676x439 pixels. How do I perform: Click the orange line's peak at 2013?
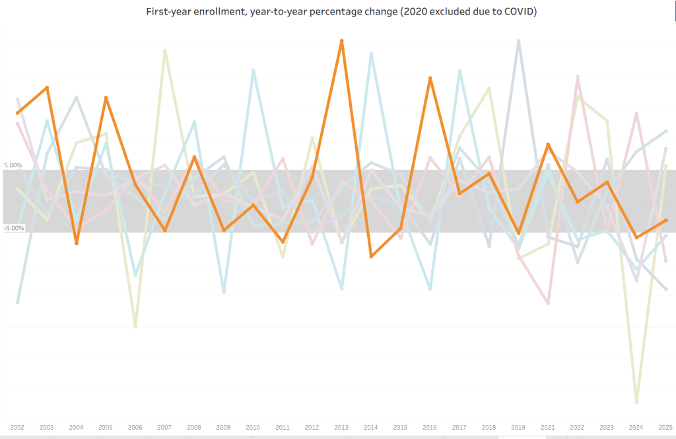tap(341, 41)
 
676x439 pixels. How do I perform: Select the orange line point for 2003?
tap(47, 87)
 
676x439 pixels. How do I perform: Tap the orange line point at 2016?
tap(430, 79)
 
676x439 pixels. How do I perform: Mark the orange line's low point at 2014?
tap(371, 256)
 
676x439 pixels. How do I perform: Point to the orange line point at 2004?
tap(77, 243)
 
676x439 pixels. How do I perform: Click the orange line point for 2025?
tap(665, 220)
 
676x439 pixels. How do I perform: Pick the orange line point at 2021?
tap(548, 144)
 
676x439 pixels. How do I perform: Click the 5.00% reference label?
tap(13, 165)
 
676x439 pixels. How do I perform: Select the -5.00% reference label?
tap(13, 229)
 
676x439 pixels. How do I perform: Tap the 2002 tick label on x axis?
tap(17, 428)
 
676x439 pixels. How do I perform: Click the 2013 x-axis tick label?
tap(341, 428)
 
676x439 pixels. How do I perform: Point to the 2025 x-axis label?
tap(665, 428)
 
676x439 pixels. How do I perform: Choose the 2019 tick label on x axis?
tap(518, 428)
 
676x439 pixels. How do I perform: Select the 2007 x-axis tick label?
tap(164, 428)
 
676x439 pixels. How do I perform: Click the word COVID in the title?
tap(516, 13)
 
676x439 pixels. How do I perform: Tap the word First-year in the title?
tap(168, 13)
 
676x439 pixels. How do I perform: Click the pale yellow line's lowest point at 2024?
tap(636, 402)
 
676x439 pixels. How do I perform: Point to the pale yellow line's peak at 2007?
tap(164, 50)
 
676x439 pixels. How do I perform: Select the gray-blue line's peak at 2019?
tap(519, 41)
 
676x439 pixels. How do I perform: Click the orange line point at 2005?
tap(106, 98)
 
